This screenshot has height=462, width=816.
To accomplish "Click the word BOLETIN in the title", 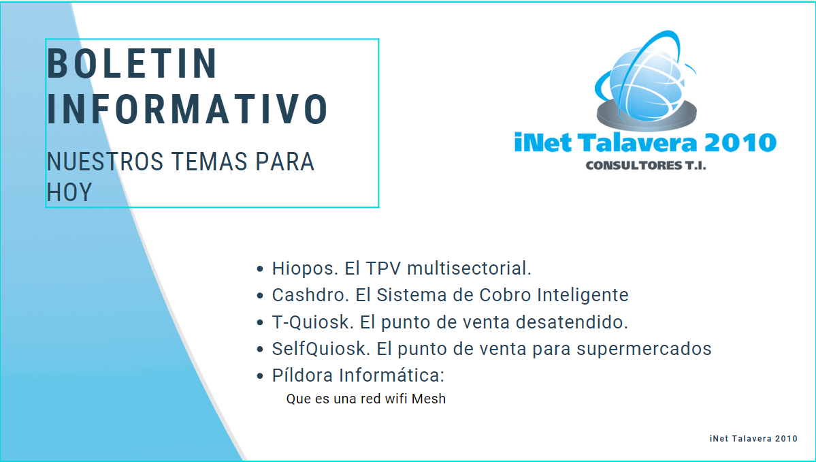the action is coord(131,63).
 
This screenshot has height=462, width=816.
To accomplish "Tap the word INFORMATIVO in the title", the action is coord(187,110).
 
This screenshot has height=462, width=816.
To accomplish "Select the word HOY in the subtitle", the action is coord(69,192).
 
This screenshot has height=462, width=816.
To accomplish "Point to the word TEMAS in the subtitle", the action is coord(209,161).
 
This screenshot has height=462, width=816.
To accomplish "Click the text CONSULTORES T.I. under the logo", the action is coord(646,166).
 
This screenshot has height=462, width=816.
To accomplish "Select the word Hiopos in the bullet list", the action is coord(306,268).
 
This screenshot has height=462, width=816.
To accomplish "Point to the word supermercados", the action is coord(644,350).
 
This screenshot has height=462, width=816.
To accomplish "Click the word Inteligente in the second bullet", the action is coord(583,295).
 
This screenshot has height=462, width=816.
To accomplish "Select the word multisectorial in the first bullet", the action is coord(469,268).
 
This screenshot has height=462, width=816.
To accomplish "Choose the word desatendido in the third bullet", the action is coord(572,322).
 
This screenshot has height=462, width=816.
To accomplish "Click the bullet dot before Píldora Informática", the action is coord(260,376).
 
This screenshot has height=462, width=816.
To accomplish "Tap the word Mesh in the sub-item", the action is coord(429,399).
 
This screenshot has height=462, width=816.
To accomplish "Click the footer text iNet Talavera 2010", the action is coord(753,439).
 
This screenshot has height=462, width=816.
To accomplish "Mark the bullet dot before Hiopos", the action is coord(260,269).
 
